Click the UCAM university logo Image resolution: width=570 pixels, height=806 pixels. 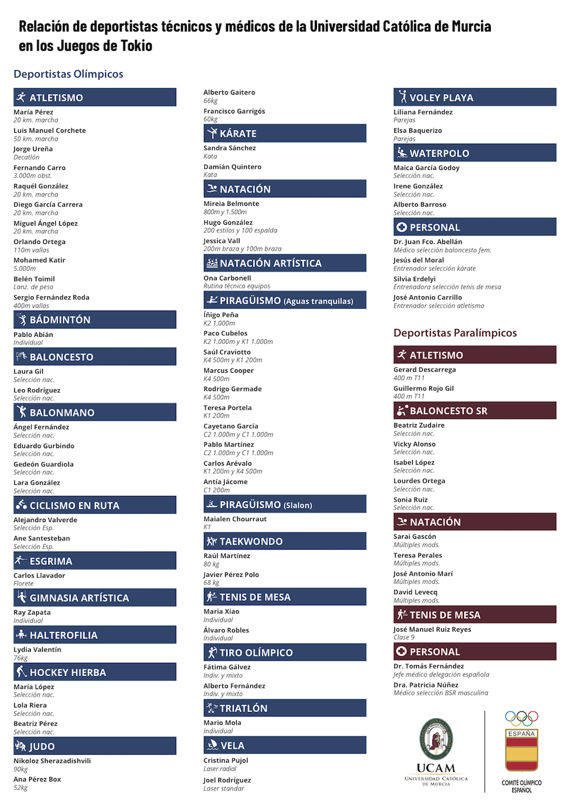point(436,750)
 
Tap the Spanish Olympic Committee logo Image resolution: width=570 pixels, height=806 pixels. point(522,751)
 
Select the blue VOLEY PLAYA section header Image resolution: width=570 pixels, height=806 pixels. point(475,97)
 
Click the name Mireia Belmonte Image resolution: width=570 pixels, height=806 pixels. point(231,203)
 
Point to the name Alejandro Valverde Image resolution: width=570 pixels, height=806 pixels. point(46,520)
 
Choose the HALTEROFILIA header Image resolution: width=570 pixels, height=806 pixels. point(95,635)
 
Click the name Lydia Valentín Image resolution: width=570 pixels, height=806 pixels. point(38,649)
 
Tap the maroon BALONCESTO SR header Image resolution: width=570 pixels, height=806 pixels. point(475,411)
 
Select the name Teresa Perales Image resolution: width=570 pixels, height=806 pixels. point(418,555)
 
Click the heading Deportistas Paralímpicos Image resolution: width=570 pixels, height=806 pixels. point(455,333)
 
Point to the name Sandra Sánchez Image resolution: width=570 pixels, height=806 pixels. point(230,148)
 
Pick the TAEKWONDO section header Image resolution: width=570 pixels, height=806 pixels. point(285,542)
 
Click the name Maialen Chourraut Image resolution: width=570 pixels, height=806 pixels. point(235,519)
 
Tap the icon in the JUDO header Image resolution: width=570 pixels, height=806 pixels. point(21,746)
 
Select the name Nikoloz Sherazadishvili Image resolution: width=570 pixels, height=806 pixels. point(52,760)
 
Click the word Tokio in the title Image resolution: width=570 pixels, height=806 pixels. point(136,46)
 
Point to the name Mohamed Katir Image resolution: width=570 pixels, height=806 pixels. point(39,260)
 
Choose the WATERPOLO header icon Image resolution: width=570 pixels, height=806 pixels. point(402,153)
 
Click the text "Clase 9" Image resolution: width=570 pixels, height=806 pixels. point(404,637)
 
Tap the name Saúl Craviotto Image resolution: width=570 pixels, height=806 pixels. point(227,352)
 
